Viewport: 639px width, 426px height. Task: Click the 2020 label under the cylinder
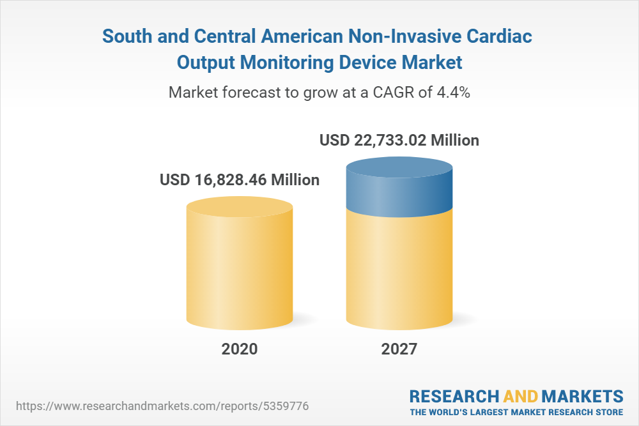click(240, 349)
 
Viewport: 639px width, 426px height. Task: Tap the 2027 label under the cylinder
click(399, 349)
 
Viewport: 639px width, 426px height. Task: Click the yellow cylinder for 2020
click(240, 268)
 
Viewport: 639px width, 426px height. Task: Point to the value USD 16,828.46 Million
click(240, 180)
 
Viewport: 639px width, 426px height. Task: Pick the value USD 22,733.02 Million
click(399, 140)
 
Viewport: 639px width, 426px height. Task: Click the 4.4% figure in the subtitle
click(453, 93)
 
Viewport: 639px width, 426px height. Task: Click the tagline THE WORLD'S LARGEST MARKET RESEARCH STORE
click(516, 411)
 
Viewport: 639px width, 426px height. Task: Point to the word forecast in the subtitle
click(250, 93)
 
